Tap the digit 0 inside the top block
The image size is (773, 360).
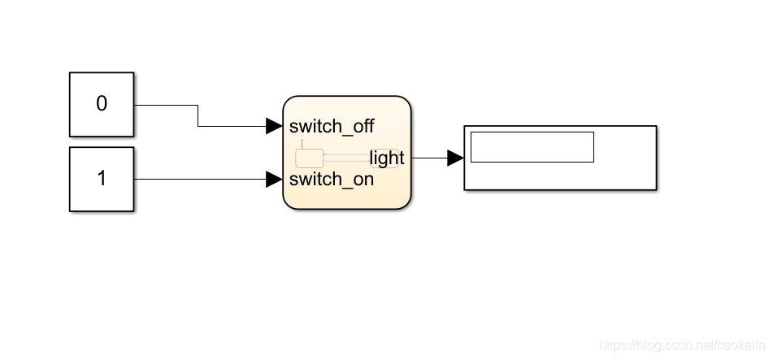pyautogui.click(x=102, y=104)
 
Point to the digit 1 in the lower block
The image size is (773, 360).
pyautogui.click(x=102, y=179)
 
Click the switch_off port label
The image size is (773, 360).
pyautogui.click(x=332, y=126)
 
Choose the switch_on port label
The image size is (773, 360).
pyautogui.click(x=332, y=179)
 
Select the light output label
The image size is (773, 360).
pyautogui.click(x=387, y=158)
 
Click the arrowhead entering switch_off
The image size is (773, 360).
pyautogui.click(x=274, y=126)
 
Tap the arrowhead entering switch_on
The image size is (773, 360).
pyautogui.click(x=274, y=179)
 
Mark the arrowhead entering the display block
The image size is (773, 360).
pyautogui.click(x=455, y=158)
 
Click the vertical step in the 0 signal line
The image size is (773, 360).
pyautogui.click(x=198, y=115)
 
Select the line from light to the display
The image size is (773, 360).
pyautogui.click(x=428, y=158)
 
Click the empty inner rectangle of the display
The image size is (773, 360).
pyautogui.click(x=532, y=147)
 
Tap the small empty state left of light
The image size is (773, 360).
pyautogui.click(x=309, y=158)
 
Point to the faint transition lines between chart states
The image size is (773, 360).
pyautogui.click(x=346, y=155)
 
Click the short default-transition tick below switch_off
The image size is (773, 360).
pyautogui.click(x=302, y=144)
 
